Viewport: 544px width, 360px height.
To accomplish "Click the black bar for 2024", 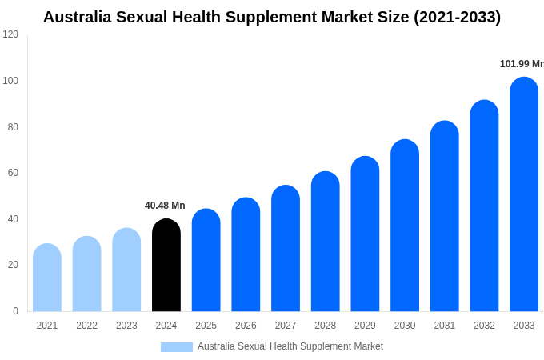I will pyautogui.click(x=166, y=266).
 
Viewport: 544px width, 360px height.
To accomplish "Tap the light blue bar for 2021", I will pyautogui.click(x=47, y=278).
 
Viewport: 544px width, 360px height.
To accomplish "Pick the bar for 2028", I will pyautogui.click(x=325, y=242).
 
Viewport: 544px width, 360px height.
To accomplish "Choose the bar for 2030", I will pyautogui.click(x=405, y=226).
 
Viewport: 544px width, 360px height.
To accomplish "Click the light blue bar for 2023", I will pyautogui.click(x=126, y=270).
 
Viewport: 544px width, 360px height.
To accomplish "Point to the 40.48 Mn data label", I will pyautogui.click(x=165, y=206).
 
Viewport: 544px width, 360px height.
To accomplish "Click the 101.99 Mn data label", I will pyautogui.click(x=521, y=64).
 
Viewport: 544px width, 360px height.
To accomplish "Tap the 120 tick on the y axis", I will pyautogui.click(x=10, y=34).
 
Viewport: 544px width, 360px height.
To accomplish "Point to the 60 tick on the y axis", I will pyautogui.click(x=13, y=173).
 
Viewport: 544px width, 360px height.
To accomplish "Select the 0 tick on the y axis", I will pyautogui.click(x=15, y=311).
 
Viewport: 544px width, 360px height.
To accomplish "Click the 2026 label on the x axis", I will pyautogui.click(x=246, y=326).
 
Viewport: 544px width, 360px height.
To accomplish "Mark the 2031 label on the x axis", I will pyautogui.click(x=445, y=326).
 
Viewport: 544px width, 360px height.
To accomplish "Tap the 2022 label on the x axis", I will pyautogui.click(x=86, y=326).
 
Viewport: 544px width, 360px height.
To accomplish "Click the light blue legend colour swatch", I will pyautogui.click(x=176, y=347).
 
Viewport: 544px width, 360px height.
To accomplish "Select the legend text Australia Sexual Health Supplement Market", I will pyautogui.click(x=290, y=346).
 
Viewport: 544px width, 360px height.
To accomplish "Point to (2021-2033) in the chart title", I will pyautogui.click(x=457, y=17).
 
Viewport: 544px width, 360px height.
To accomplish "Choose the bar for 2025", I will pyautogui.click(x=206, y=261).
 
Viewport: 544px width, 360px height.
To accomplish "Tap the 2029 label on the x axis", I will pyautogui.click(x=365, y=326).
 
